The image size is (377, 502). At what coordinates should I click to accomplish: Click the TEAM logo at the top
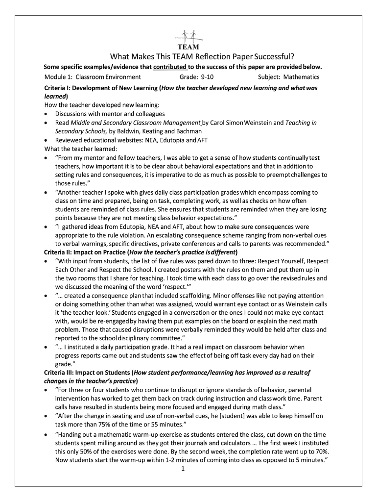(188, 40)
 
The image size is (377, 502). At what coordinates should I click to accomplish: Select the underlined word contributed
(170, 67)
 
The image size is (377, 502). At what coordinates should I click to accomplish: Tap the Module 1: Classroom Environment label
(93, 77)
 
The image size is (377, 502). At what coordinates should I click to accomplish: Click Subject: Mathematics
(288, 77)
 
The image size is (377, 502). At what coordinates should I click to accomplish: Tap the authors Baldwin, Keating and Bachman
(160, 131)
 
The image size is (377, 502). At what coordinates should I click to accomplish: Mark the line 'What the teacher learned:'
(80, 149)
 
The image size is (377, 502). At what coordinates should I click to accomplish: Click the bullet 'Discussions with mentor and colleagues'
(110, 114)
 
